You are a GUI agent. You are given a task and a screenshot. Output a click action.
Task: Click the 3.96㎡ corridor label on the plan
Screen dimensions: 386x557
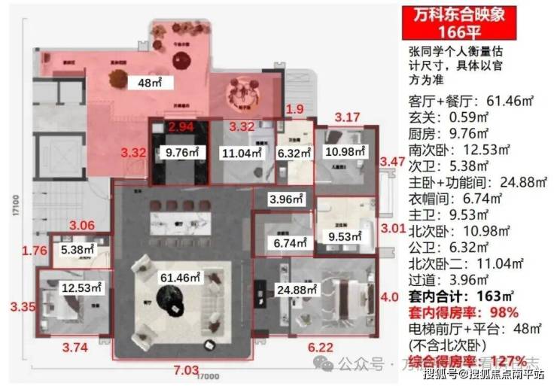[x=286, y=199]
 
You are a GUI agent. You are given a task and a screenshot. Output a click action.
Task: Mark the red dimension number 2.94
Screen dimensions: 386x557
[x=181, y=127]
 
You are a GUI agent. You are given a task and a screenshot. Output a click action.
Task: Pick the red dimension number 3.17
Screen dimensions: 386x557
[x=347, y=117]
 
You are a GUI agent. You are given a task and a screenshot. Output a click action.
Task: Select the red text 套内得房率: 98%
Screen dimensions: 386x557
[x=463, y=312]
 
